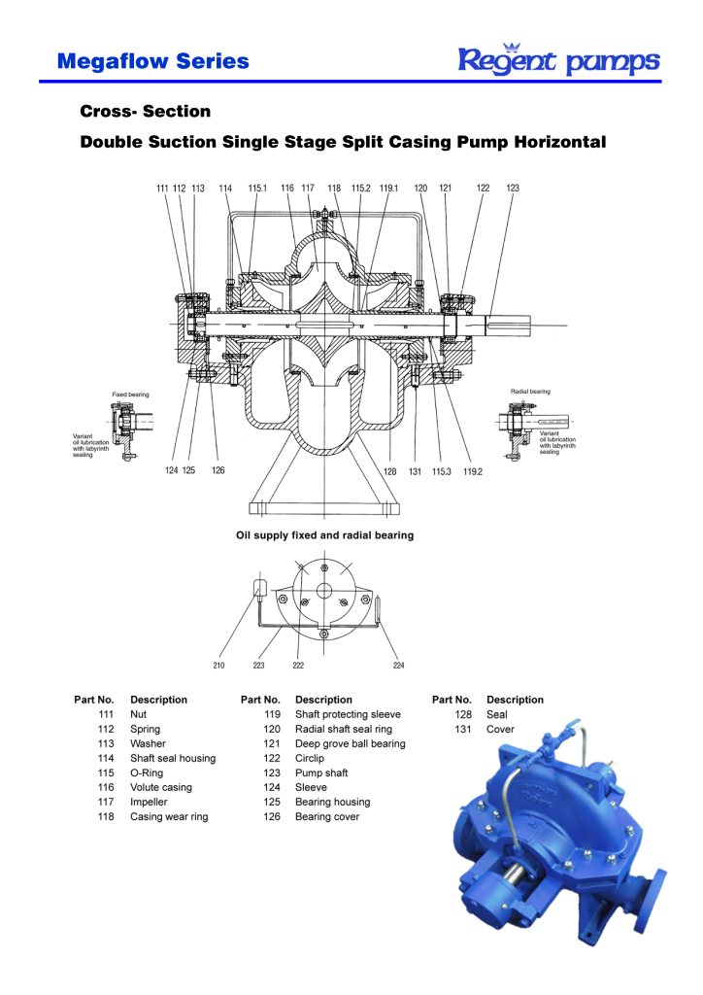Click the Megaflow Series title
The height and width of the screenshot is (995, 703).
152,61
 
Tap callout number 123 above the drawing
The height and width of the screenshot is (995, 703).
513,188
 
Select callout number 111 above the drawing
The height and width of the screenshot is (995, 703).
162,188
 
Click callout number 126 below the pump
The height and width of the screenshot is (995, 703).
218,469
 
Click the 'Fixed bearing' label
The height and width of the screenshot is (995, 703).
130,395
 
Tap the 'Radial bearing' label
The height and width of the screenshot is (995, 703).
530,391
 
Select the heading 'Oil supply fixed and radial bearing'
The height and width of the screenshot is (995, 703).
324,534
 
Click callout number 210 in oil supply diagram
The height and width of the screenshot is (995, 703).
218,666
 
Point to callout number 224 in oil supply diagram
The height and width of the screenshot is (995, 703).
398,666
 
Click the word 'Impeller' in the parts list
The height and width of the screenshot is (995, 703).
149,803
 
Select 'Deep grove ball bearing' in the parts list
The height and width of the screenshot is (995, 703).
350,743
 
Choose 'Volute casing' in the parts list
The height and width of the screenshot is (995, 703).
161,787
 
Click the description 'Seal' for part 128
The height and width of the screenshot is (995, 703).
497,714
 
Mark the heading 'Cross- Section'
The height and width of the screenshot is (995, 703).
145,111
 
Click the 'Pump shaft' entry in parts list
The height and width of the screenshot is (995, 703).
321,773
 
